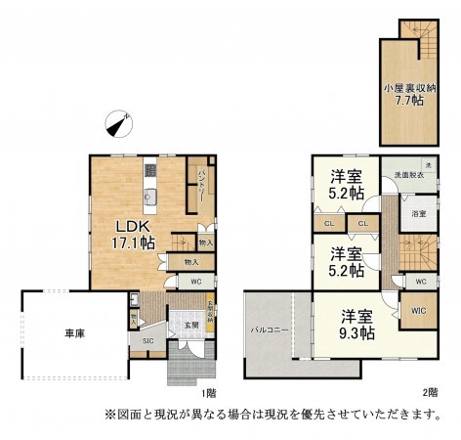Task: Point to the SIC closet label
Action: point(148,340)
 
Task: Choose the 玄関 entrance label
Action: point(189,324)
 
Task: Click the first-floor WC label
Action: point(196,283)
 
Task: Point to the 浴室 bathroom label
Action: point(417,213)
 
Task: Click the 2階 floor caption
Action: point(430,392)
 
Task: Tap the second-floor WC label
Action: point(421,282)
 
